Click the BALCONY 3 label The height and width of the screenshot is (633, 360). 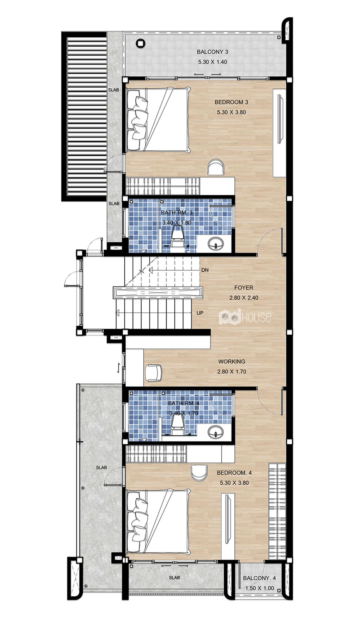click(212, 52)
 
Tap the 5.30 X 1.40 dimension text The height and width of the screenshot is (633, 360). click(212, 62)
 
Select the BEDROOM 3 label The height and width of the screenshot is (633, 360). click(231, 102)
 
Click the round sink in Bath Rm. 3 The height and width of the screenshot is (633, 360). click(216, 243)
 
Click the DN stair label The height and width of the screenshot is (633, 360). click(205, 270)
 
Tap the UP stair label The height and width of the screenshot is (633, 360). click(200, 313)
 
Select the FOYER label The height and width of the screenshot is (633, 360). click(244, 288)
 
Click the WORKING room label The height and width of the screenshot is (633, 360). click(232, 361)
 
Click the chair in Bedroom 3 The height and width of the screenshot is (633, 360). click(216, 167)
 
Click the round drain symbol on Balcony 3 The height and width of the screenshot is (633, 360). click(140, 43)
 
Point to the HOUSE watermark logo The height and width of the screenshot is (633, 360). click(245, 317)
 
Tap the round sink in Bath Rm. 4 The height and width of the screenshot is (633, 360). click(216, 431)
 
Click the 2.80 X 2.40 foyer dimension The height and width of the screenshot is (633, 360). click(244, 298)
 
